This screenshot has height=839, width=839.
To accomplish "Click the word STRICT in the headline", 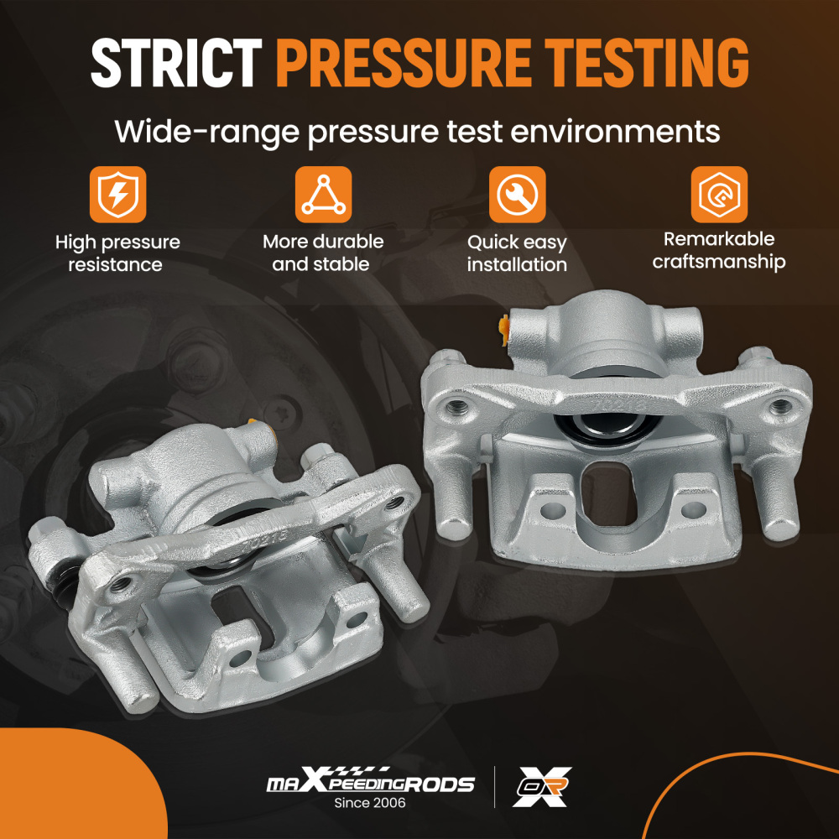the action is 176,63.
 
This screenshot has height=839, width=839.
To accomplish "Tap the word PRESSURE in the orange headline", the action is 404,63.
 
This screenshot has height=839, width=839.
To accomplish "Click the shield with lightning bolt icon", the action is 117,195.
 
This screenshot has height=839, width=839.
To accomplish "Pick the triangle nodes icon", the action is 323,195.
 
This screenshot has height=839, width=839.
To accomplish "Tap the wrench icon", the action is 517,195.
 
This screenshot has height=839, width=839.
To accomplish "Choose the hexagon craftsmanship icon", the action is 719,195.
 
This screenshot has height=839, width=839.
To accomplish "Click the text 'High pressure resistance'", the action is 117,253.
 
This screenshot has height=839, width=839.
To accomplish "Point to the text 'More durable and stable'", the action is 323,253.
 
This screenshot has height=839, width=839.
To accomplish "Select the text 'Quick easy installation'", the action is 517,253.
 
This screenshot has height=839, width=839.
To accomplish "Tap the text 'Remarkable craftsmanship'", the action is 719,250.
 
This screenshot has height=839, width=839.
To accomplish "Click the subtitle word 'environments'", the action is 615,131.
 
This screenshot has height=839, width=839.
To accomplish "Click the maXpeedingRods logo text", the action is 370,780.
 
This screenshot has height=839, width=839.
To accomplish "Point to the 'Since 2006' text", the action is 370,803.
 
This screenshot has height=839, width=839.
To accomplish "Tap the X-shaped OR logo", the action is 542,787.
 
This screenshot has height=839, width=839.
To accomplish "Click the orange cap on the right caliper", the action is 503,331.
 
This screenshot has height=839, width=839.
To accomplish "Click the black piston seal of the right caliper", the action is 607,428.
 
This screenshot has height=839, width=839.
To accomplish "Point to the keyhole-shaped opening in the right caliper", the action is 607,494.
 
